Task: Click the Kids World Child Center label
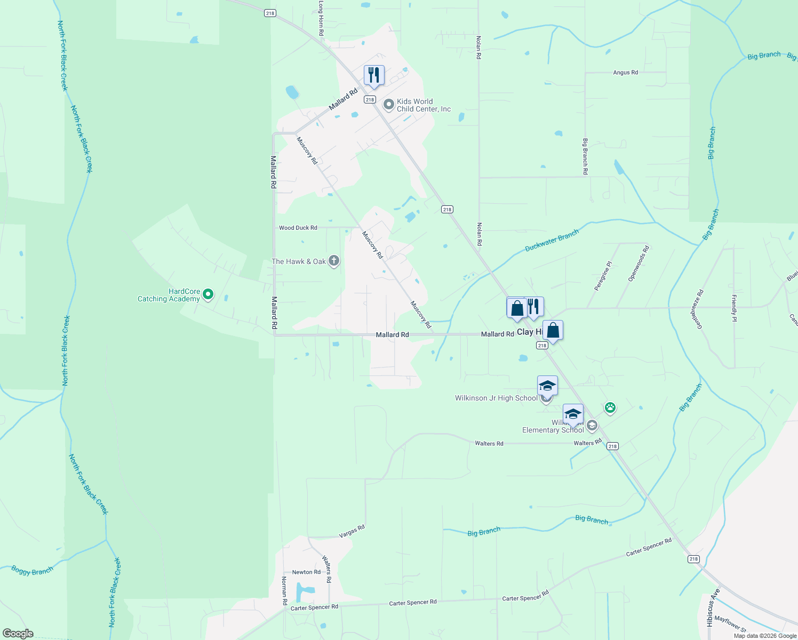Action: [424, 105]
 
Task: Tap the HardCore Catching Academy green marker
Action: [208, 294]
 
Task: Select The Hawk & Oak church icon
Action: [334, 261]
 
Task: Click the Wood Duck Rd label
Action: [298, 228]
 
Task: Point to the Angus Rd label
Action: [625, 73]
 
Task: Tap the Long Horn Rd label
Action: [321, 18]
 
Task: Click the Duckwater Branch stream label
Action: [552, 241]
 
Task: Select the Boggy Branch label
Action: [33, 571]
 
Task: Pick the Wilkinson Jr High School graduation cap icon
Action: [547, 385]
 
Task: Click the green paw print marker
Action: [610, 408]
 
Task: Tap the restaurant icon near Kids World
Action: [374, 75]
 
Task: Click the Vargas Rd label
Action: [352, 531]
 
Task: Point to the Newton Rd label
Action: [306, 572]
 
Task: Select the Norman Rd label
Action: [284, 590]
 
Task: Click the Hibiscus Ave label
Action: [714, 607]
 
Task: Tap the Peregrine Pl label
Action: [603, 276]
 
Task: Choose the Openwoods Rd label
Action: [638, 263]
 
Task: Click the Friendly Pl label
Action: [735, 308]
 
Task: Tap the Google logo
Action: [18, 634]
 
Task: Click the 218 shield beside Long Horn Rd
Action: [270, 13]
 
